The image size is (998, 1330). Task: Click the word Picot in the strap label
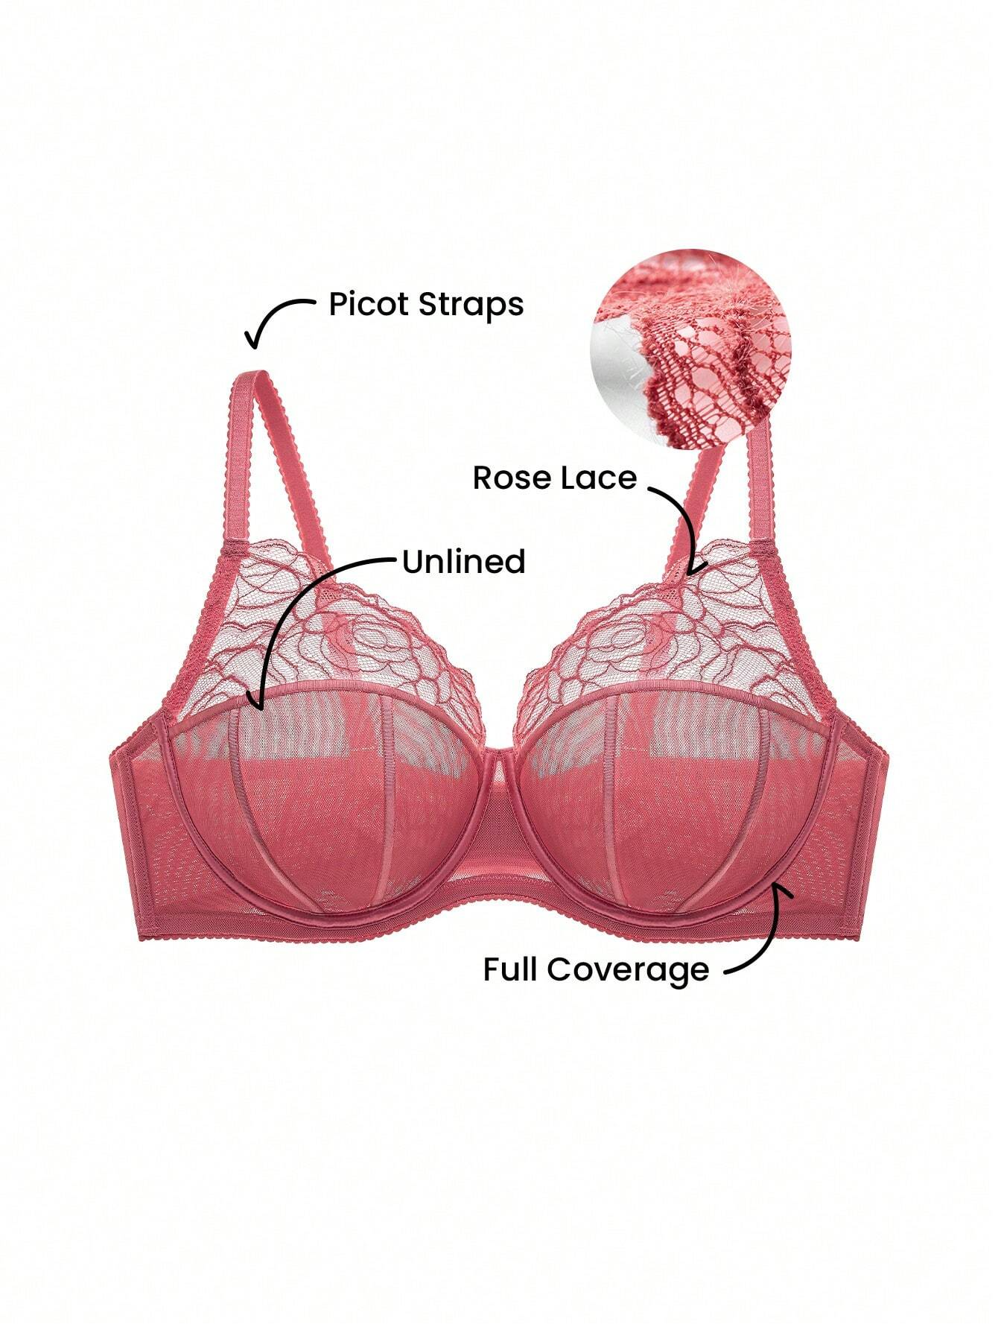[368, 304]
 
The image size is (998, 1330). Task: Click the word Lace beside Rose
[600, 478]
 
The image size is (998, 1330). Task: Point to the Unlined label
[464, 562]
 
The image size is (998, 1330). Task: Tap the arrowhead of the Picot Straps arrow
[255, 339]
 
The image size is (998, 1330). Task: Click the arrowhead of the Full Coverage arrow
[779, 890]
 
